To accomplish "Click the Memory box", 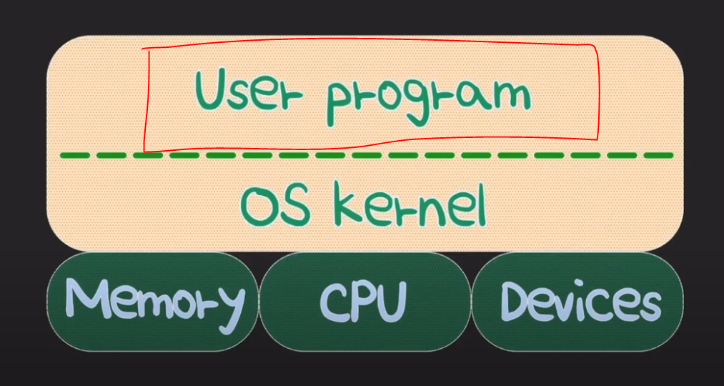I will (x=152, y=301).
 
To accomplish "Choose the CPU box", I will (x=364, y=301).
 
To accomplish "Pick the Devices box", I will (x=578, y=301).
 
